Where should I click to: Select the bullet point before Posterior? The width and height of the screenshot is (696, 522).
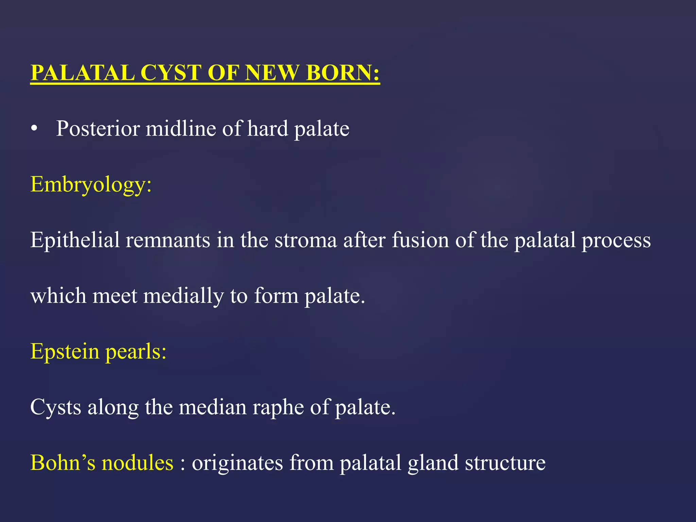pos(34,129)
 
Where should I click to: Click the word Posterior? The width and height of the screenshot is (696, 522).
pos(98,129)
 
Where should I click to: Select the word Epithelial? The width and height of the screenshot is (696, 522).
pos(75,240)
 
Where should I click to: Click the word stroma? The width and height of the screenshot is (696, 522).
pos(306,240)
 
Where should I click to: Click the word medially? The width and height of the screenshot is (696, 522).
pos(183,296)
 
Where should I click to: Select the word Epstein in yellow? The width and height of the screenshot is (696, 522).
pos(65,351)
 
